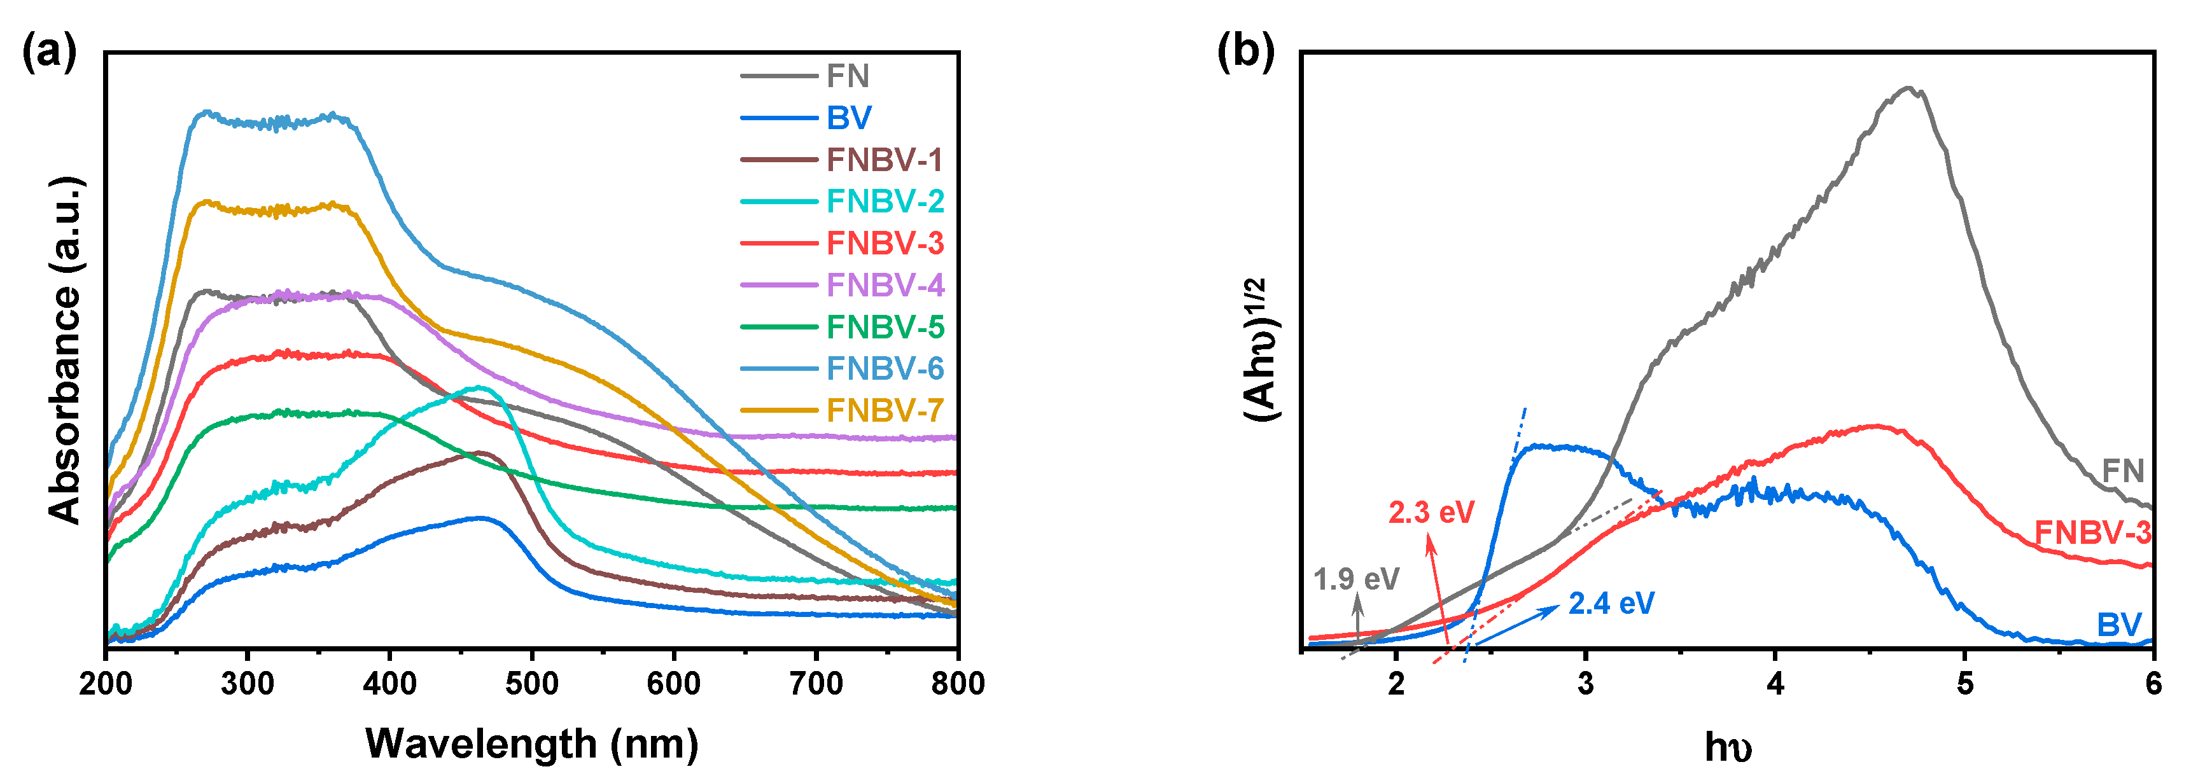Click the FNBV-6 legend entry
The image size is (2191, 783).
(x=885, y=368)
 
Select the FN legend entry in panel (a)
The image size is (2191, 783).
(x=847, y=76)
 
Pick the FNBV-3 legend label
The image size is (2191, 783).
(x=885, y=243)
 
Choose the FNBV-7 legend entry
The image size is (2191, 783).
(x=885, y=410)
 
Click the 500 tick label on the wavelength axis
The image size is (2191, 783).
(x=531, y=684)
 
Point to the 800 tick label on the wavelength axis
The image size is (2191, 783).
(x=958, y=684)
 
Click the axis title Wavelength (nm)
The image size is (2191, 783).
(x=531, y=744)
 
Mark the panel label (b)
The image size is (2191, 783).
(x=1245, y=53)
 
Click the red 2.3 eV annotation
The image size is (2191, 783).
(x=1431, y=513)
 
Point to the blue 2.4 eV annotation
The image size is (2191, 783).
(x=1611, y=604)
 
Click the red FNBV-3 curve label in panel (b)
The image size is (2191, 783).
(x=2092, y=533)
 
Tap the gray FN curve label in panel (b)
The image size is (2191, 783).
(x=2123, y=470)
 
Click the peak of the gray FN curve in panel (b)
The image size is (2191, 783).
(x=1908, y=88)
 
